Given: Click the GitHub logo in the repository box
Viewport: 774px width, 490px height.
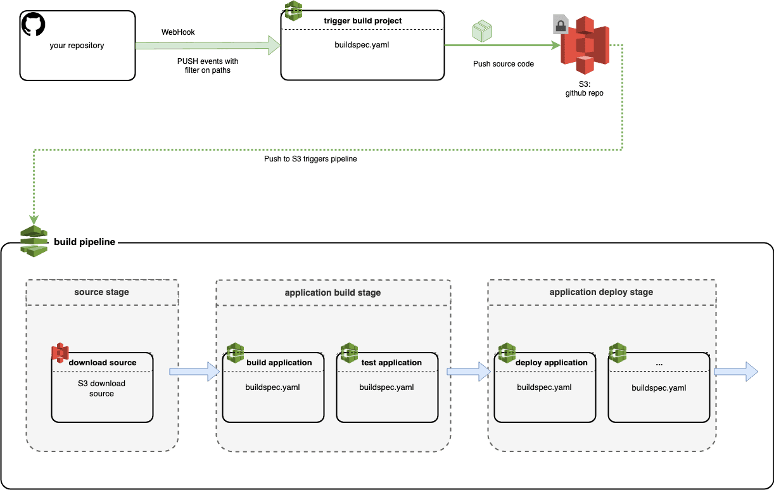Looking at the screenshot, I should click(34, 26).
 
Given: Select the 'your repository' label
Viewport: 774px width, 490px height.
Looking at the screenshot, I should click(77, 46).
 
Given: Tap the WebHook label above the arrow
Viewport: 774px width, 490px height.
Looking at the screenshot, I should click(178, 32).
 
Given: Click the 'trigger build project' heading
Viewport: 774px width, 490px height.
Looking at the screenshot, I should click(363, 21).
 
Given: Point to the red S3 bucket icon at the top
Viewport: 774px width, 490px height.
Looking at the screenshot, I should click(585, 46).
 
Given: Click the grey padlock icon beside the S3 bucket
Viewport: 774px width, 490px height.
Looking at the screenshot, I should click(561, 25).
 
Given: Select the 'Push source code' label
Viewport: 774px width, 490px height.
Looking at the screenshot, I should click(504, 64).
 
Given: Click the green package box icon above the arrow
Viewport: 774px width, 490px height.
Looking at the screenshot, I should click(482, 31).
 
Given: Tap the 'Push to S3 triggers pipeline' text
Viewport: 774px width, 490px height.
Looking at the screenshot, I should click(310, 159).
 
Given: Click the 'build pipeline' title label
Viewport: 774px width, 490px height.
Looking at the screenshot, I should click(84, 241).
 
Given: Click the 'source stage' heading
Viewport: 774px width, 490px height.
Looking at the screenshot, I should click(101, 292).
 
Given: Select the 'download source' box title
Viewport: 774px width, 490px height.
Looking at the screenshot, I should click(103, 363).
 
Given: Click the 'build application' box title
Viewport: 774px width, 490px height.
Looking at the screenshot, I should click(279, 363).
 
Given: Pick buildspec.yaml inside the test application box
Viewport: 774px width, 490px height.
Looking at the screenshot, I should click(386, 387).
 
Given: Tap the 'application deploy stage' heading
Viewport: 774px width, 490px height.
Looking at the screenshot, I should click(601, 292).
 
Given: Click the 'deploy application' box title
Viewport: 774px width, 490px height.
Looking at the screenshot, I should click(551, 363).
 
